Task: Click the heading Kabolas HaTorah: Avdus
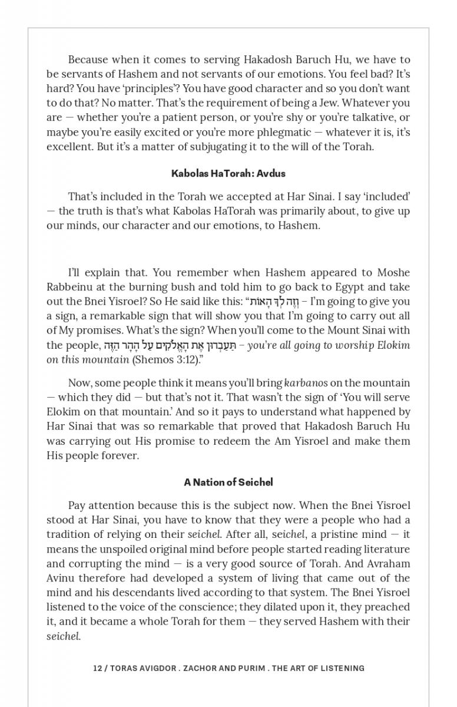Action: tap(228, 173)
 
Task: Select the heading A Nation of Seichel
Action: tap(228, 482)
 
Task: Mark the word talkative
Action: tap(377, 117)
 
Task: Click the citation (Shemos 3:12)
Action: tap(162, 359)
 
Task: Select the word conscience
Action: tap(183, 607)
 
